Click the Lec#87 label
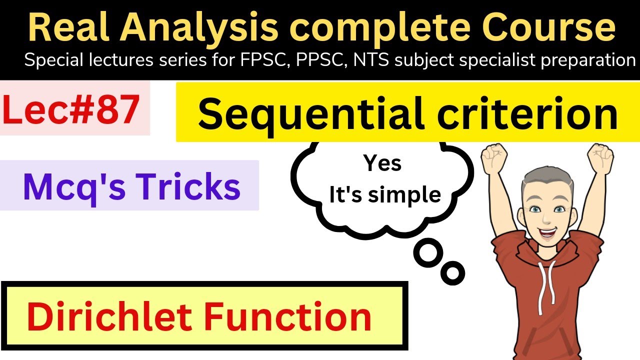click(x=71, y=111)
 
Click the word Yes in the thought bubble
click(x=382, y=163)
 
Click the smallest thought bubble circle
click(x=453, y=273)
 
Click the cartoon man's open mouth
click(x=547, y=232)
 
